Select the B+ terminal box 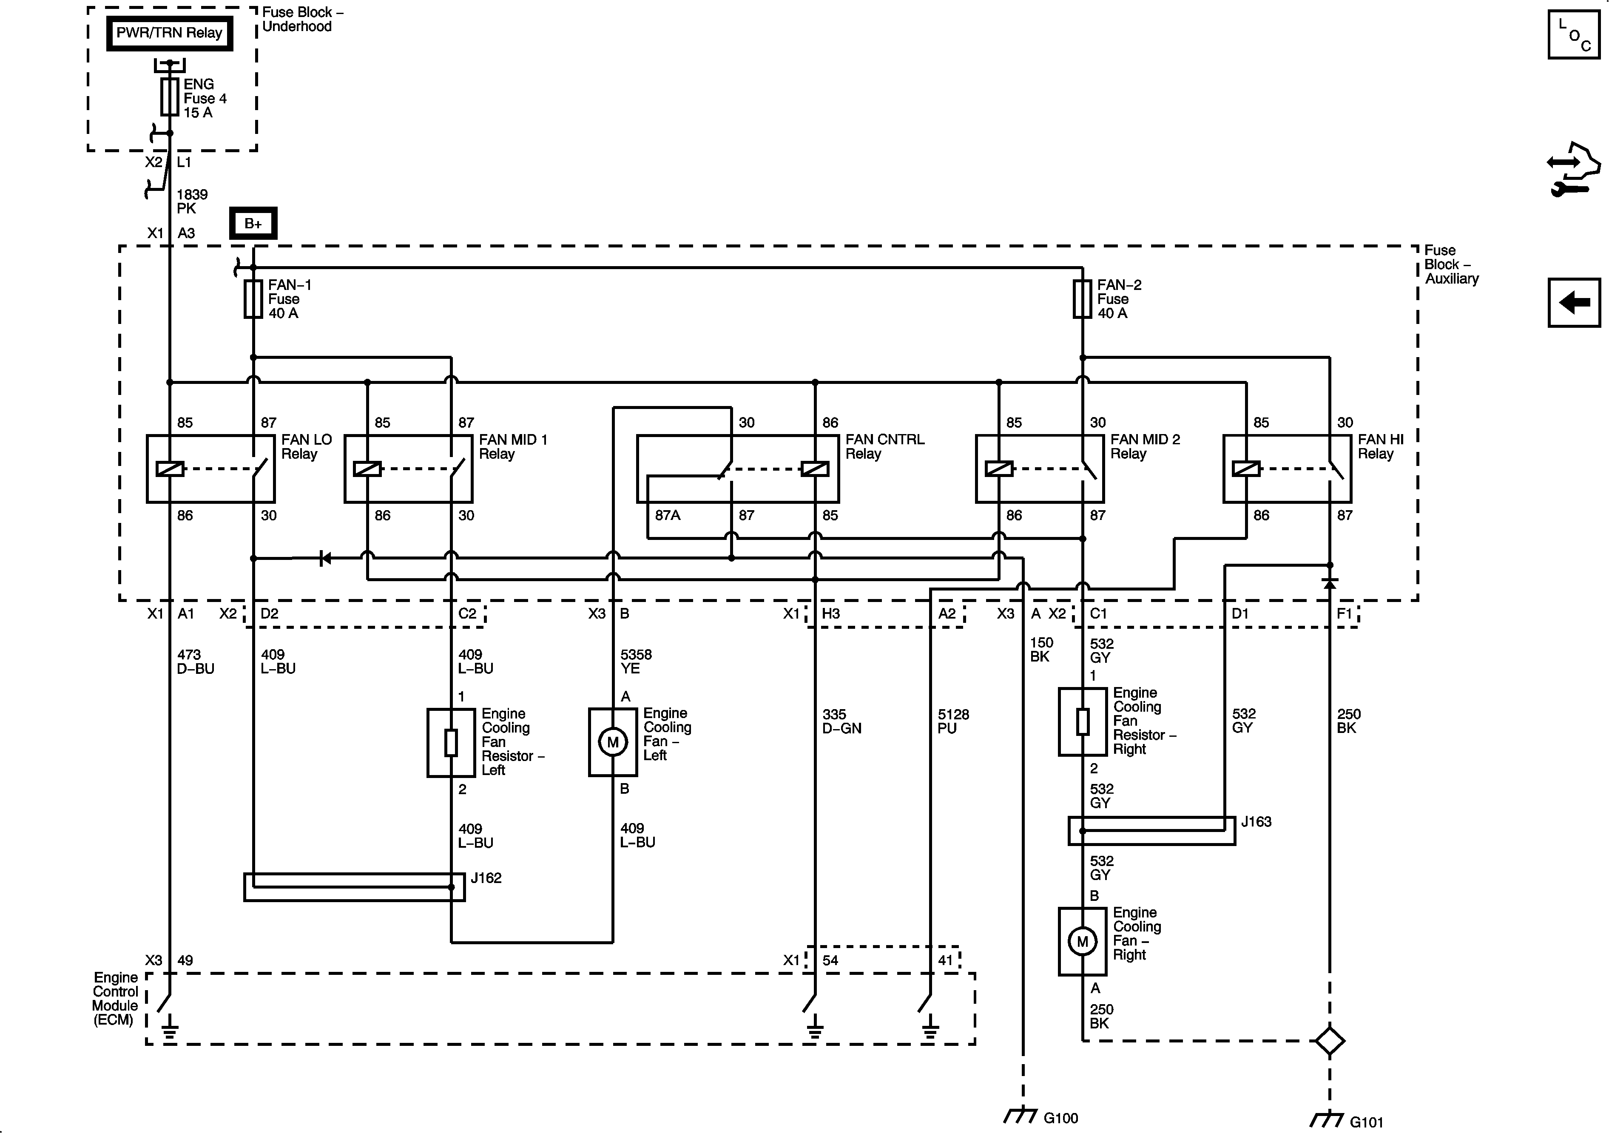pyautogui.click(x=253, y=224)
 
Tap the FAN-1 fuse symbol pyautogui.click(x=253, y=299)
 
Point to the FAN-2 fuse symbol pyautogui.click(x=1082, y=299)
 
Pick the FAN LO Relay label pyautogui.click(x=306, y=446)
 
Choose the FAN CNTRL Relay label pyautogui.click(x=884, y=446)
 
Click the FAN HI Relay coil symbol pyautogui.click(x=1246, y=469)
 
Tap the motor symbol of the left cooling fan pyautogui.click(x=612, y=742)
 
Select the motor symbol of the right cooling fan pyautogui.click(x=1082, y=942)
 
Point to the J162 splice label pyautogui.click(x=486, y=878)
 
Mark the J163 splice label pyautogui.click(x=1256, y=821)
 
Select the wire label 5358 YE pyautogui.click(x=636, y=662)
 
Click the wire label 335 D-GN pyautogui.click(x=841, y=721)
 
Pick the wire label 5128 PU pyautogui.click(x=953, y=721)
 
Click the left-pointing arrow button pyautogui.click(x=1574, y=303)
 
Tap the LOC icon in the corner pyautogui.click(x=1574, y=35)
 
